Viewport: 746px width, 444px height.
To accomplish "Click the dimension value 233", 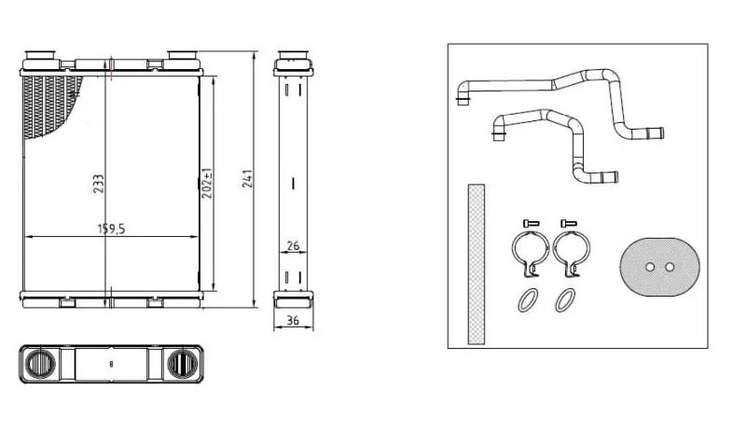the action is point(98,184).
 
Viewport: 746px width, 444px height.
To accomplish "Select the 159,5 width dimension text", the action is point(111,229).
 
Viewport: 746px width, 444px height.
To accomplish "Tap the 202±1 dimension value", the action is point(207,183).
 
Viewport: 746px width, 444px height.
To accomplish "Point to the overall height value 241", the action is point(247,178).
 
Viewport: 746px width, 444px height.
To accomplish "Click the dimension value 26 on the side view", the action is point(293,245).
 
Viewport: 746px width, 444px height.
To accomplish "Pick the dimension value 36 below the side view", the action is point(293,320).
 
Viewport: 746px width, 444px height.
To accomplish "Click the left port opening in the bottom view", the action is point(40,364).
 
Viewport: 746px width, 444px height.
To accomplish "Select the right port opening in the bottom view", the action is point(182,364).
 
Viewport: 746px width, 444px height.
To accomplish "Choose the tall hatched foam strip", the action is point(477,264).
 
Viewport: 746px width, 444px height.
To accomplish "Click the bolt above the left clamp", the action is point(531,223).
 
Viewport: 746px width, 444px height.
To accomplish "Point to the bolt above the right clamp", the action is point(569,223).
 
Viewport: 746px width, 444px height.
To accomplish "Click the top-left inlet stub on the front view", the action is point(40,54).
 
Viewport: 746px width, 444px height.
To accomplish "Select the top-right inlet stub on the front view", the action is point(182,54).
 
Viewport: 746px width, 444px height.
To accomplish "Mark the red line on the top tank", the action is point(111,68).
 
